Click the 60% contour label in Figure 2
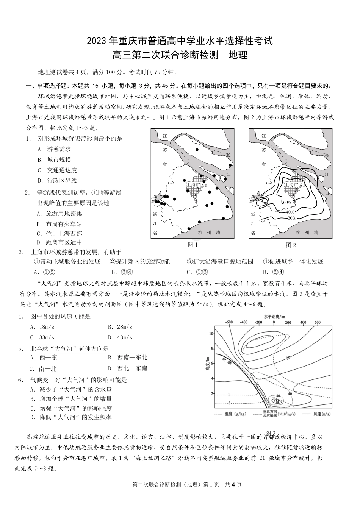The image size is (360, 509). tap(287, 202)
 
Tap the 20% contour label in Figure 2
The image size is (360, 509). tap(291, 218)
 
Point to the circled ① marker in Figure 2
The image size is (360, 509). tap(264, 201)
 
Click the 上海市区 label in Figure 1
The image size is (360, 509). tap(196, 185)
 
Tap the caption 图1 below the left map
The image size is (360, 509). tap(193, 245)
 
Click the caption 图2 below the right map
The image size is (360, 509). tap(291, 245)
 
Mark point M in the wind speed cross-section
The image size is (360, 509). tap(277, 401)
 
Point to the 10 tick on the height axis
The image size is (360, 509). tap(212, 333)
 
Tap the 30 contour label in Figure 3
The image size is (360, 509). tap(288, 358)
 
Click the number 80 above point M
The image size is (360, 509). tap(278, 396)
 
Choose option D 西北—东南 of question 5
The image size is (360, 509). tap(127, 368)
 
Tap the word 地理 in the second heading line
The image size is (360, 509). tap(238, 55)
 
